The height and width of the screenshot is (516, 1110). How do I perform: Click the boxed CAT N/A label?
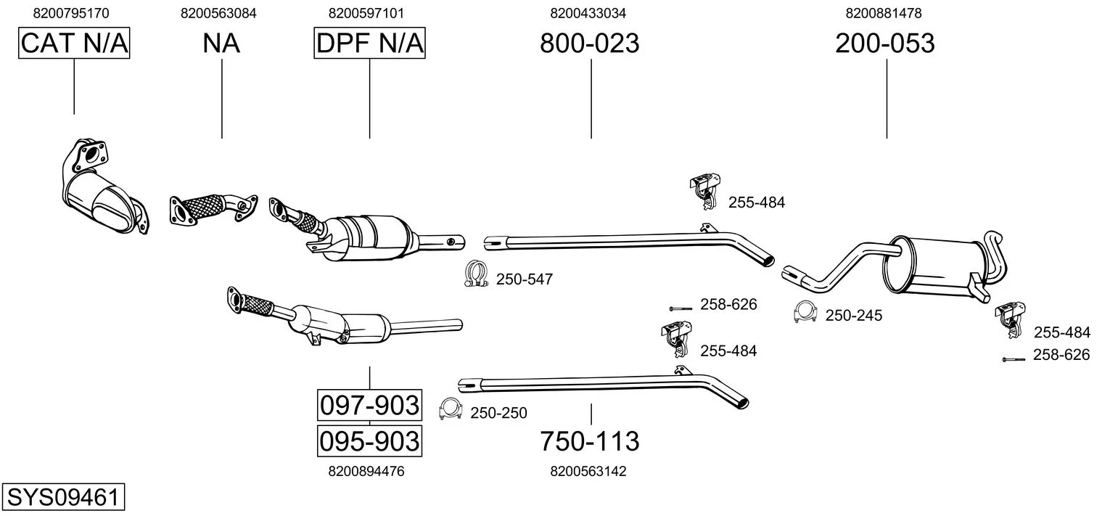pos(74,44)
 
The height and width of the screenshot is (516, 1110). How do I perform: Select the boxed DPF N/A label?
pos(369,44)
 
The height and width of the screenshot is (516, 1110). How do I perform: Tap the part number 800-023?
pos(589,44)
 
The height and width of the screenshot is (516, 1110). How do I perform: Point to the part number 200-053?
pos(884,44)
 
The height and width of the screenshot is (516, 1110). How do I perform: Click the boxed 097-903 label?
pos(369,405)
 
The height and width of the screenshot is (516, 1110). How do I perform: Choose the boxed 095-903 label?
pos(369,441)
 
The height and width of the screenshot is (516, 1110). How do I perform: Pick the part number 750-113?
pos(589,441)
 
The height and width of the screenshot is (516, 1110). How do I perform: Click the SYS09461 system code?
pos(62,498)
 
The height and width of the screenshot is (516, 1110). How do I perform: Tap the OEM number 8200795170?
pos(71,13)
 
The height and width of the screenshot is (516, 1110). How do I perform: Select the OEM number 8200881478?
pos(884,13)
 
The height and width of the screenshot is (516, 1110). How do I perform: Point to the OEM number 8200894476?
pos(366,471)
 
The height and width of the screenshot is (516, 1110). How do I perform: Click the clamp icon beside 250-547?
pos(474,274)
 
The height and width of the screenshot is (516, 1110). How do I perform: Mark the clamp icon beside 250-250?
pos(451,411)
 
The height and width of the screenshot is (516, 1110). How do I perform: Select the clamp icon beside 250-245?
pos(805,311)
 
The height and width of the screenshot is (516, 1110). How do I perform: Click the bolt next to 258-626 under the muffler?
pos(1013,359)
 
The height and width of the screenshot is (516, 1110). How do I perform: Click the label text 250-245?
pos(853,316)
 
